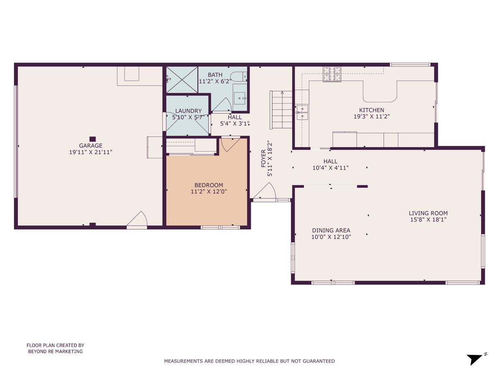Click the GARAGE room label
coord(91,145)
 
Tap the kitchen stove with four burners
coord(332,74)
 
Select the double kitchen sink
coord(302,112)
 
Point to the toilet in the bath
coord(239,76)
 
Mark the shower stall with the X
coord(182,80)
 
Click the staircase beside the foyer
coord(282,110)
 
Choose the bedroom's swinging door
coord(229,144)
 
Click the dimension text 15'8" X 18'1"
coord(428,220)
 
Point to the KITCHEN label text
coord(371,110)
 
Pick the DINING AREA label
coord(331,230)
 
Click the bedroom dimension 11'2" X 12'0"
coord(209,192)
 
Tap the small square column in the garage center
coord(93,139)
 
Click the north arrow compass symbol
coord(475,359)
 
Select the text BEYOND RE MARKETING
coord(55,351)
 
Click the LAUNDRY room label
coord(188,111)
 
